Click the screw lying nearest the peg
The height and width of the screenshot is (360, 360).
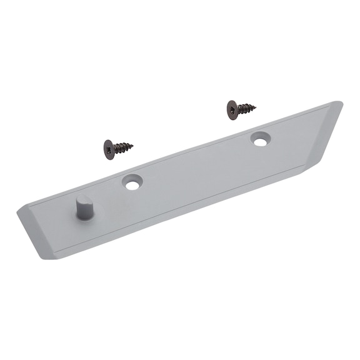117,149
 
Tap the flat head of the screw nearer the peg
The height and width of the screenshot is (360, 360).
111,150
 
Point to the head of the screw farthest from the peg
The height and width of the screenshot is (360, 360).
233,109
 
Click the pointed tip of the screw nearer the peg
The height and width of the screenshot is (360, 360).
132,147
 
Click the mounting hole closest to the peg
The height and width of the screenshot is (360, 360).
132,182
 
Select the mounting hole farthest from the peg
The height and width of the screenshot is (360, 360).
260,140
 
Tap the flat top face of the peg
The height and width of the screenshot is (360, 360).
82,199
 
